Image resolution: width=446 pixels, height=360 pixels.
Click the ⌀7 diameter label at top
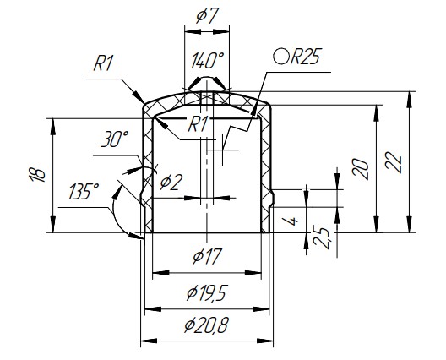click(207, 17)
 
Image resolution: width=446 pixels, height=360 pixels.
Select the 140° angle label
click(207, 61)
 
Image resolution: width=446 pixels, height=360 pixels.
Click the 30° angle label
click(115, 139)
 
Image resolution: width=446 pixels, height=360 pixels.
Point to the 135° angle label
click(84, 191)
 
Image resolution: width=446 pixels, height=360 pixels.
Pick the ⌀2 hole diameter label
click(171, 183)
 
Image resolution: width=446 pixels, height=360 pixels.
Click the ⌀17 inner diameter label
click(207, 256)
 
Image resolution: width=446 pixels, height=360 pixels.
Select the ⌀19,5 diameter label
click(207, 293)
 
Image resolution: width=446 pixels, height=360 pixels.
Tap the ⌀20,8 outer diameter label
click(206, 325)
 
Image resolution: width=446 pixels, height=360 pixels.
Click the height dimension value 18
click(37, 174)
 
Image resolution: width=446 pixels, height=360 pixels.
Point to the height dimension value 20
click(361, 169)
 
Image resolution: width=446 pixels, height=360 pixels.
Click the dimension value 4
click(294, 221)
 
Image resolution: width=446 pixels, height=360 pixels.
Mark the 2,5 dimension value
click(322, 237)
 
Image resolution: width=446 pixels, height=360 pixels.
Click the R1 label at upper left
click(104, 63)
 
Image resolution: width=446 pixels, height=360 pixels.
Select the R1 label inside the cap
click(198, 124)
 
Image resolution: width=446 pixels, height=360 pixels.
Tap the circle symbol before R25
click(281, 57)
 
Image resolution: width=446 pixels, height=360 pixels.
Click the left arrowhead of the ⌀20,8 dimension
click(149, 341)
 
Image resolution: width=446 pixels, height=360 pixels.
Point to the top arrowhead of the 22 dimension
click(410, 100)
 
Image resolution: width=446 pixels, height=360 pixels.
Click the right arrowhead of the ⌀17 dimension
click(253, 273)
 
